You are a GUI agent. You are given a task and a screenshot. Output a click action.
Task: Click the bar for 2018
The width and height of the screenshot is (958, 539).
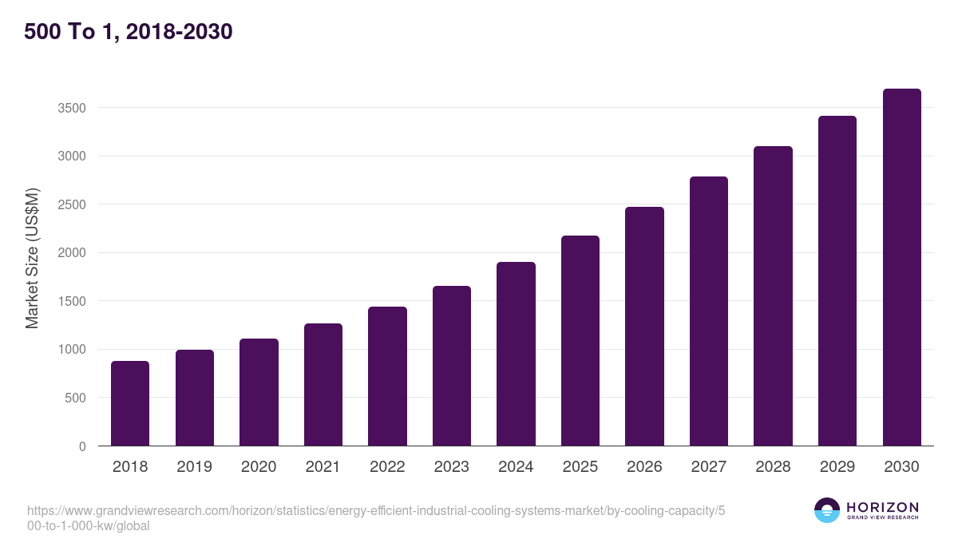[130, 403]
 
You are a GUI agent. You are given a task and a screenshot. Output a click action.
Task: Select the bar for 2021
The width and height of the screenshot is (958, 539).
[323, 385]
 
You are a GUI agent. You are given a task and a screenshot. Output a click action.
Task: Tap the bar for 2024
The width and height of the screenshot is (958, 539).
[516, 354]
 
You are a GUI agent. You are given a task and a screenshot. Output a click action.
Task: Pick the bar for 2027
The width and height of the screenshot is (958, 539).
[709, 311]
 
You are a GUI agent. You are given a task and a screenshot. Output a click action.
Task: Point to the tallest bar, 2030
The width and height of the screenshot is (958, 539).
[901, 268]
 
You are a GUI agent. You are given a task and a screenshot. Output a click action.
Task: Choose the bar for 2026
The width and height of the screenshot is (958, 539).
[644, 327]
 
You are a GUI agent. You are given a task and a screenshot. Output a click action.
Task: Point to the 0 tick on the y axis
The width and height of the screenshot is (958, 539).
[82, 446]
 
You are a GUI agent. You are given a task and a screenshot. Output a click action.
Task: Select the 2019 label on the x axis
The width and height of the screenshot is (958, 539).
[194, 467]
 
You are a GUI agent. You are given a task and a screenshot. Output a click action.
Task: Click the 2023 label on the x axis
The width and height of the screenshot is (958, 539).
[451, 467]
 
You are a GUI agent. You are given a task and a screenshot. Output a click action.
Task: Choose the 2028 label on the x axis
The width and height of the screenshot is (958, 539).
[773, 467]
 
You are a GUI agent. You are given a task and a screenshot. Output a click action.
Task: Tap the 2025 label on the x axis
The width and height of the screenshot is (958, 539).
[580, 467]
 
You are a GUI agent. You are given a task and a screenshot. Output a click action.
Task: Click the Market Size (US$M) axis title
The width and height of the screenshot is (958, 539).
[32, 258]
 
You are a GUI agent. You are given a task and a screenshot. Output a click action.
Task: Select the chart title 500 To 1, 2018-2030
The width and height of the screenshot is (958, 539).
[129, 32]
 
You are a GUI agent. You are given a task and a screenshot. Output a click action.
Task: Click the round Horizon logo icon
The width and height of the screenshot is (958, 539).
[826, 510]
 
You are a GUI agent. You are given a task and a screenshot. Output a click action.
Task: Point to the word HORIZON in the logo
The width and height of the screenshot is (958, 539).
[882, 507]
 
